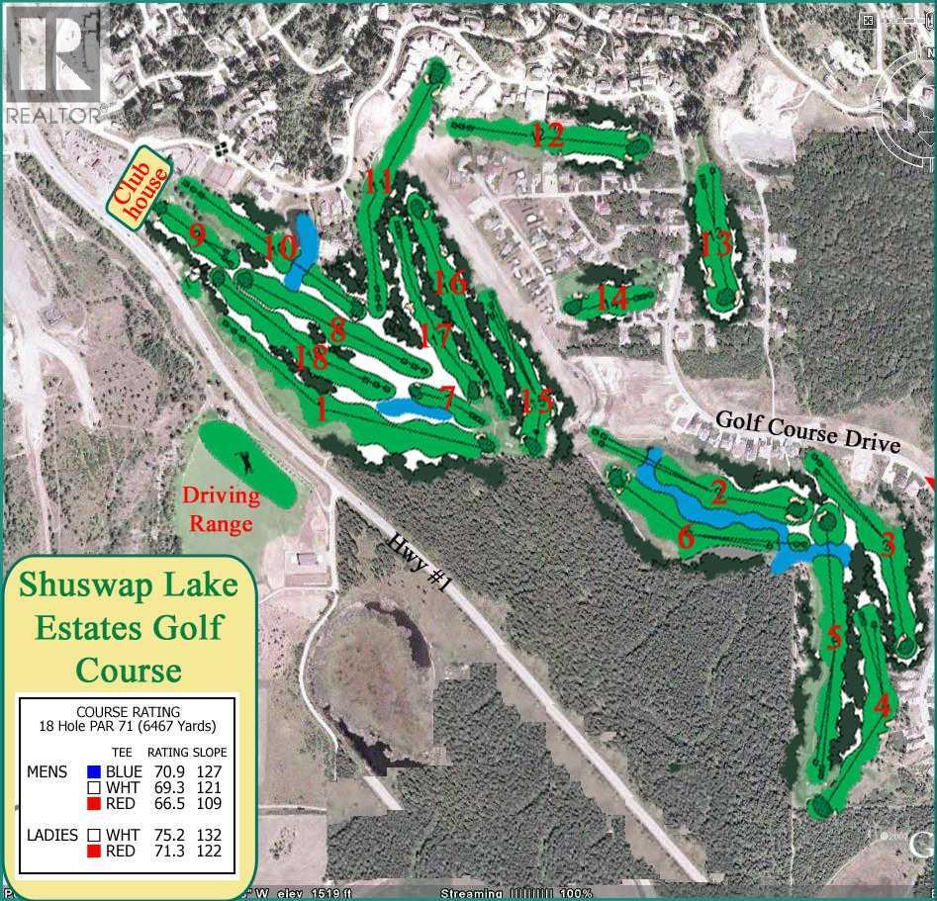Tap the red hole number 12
(x=547, y=135)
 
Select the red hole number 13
(x=715, y=242)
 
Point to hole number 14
(x=612, y=297)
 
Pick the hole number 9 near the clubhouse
(x=197, y=235)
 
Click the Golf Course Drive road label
(x=808, y=431)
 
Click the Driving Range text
(x=220, y=508)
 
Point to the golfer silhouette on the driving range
(x=243, y=462)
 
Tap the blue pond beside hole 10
(x=303, y=247)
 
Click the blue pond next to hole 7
(x=413, y=407)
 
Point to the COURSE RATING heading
(x=129, y=711)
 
